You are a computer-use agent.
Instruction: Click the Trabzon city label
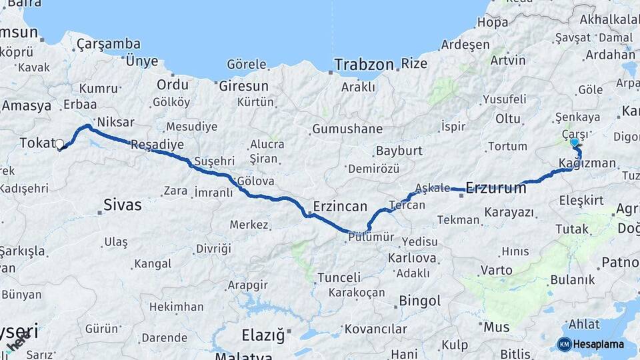click(x=364, y=65)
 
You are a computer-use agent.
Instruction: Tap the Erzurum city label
click(x=496, y=188)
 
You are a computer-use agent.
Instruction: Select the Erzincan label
click(x=340, y=206)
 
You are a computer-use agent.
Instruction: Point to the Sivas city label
click(x=123, y=205)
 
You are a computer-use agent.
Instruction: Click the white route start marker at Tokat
click(x=59, y=144)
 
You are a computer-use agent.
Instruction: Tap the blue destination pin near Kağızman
click(x=575, y=142)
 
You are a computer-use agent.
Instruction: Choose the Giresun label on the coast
click(x=243, y=86)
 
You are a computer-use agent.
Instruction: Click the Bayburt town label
click(x=399, y=151)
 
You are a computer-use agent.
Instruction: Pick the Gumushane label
click(x=347, y=129)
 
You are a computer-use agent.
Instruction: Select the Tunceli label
click(x=339, y=277)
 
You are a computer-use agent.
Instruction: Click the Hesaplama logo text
click(x=599, y=344)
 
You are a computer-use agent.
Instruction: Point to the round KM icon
click(x=564, y=344)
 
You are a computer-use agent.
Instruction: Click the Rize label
click(x=414, y=64)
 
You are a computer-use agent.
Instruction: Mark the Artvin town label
click(x=508, y=61)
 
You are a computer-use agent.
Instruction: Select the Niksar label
click(x=115, y=122)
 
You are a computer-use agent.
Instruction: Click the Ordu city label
click(x=173, y=85)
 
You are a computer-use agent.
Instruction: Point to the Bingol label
click(x=420, y=301)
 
